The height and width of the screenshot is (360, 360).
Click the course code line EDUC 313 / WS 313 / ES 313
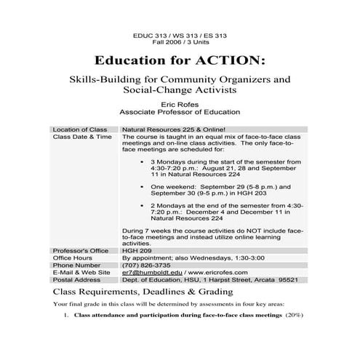click(180, 34)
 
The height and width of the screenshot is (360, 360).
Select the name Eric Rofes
click(180, 105)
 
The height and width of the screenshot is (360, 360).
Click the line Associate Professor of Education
click(180, 113)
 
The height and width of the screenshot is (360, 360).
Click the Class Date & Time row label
click(82, 136)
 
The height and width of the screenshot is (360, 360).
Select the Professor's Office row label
click(81, 250)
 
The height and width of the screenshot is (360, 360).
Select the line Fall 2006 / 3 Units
click(180, 41)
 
